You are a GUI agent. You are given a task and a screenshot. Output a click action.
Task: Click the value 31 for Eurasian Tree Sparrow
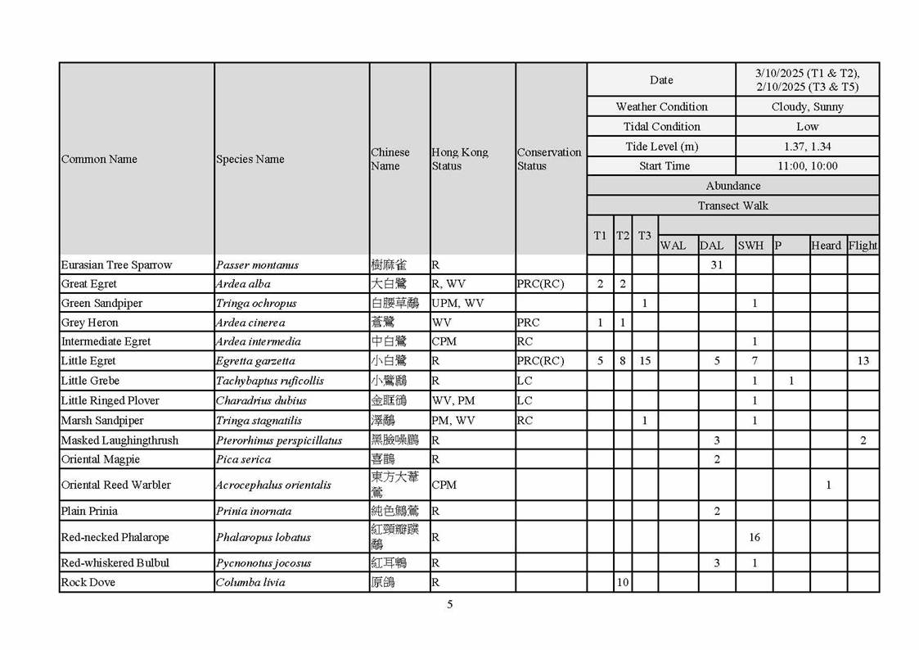716,264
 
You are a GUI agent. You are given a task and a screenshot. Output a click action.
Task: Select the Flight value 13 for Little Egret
863,361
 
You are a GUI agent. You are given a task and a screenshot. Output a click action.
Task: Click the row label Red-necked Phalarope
115,538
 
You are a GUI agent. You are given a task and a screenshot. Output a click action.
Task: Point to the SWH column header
750,246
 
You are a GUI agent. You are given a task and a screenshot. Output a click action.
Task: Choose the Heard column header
826,246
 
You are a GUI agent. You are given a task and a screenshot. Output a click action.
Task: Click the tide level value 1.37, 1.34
807,147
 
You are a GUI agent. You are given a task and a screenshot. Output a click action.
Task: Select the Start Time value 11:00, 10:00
807,166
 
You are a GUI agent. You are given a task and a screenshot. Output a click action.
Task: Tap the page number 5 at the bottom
449,605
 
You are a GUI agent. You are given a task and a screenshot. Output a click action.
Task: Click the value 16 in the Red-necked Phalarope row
754,538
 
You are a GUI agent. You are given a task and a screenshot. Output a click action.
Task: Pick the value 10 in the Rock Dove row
623,583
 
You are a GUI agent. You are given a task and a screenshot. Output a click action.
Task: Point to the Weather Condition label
661,107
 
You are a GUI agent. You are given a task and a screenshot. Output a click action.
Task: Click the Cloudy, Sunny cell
807,107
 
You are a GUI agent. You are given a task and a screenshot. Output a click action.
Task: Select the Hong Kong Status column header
459,159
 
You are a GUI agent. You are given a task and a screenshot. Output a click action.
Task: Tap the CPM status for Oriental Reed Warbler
444,485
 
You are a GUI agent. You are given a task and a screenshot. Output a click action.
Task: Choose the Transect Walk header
732,205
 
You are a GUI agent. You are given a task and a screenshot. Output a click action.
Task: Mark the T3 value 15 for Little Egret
645,361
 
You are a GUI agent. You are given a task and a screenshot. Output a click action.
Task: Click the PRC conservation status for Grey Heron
529,323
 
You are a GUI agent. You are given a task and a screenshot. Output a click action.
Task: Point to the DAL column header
711,246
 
